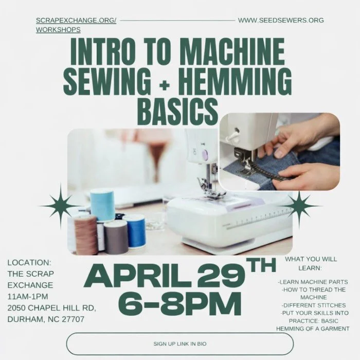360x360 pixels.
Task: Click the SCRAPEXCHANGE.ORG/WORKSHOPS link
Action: click(x=76, y=25)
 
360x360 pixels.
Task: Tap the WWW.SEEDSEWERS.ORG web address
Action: click(x=281, y=21)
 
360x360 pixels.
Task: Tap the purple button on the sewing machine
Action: click(x=204, y=153)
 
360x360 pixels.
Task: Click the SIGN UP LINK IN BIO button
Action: click(x=180, y=344)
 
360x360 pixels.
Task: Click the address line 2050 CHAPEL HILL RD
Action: click(x=51, y=308)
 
